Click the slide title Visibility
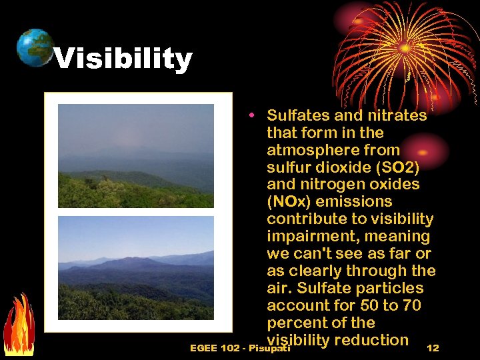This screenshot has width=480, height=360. coord(123,59)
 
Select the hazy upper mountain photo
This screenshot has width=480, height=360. coord(136,155)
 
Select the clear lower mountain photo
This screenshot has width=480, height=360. coord(136,268)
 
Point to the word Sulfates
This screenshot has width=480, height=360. coord(296,115)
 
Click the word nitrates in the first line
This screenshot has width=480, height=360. coord(394,115)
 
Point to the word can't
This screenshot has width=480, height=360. coord(314,254)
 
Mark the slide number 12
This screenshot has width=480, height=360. coord(433,348)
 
